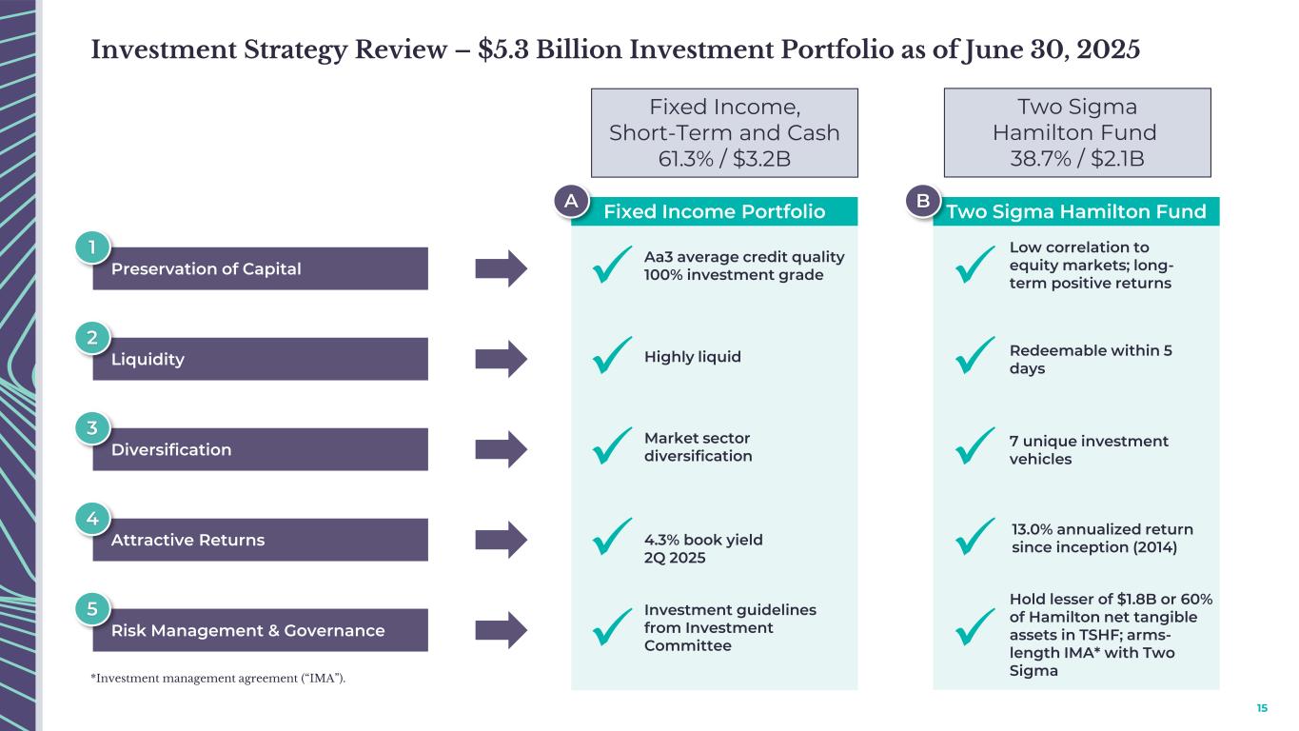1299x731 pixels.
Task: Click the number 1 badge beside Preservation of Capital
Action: point(91,247)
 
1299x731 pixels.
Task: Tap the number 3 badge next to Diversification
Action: point(91,428)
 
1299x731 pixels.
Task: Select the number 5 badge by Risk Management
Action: point(91,609)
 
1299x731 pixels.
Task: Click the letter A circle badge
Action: point(571,202)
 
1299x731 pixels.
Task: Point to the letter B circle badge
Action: point(922,202)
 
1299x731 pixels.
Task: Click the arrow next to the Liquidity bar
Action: point(501,359)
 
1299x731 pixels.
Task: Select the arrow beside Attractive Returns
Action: point(501,540)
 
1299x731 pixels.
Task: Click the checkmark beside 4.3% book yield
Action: point(611,536)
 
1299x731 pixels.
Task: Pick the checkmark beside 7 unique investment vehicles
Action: point(974,445)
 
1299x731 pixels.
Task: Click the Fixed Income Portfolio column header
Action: point(714,211)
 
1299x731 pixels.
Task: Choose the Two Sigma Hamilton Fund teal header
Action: point(1076,211)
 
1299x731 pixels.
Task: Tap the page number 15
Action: point(1262,708)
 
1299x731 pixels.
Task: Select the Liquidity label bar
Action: point(260,359)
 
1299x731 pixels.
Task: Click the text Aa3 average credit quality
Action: point(744,257)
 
